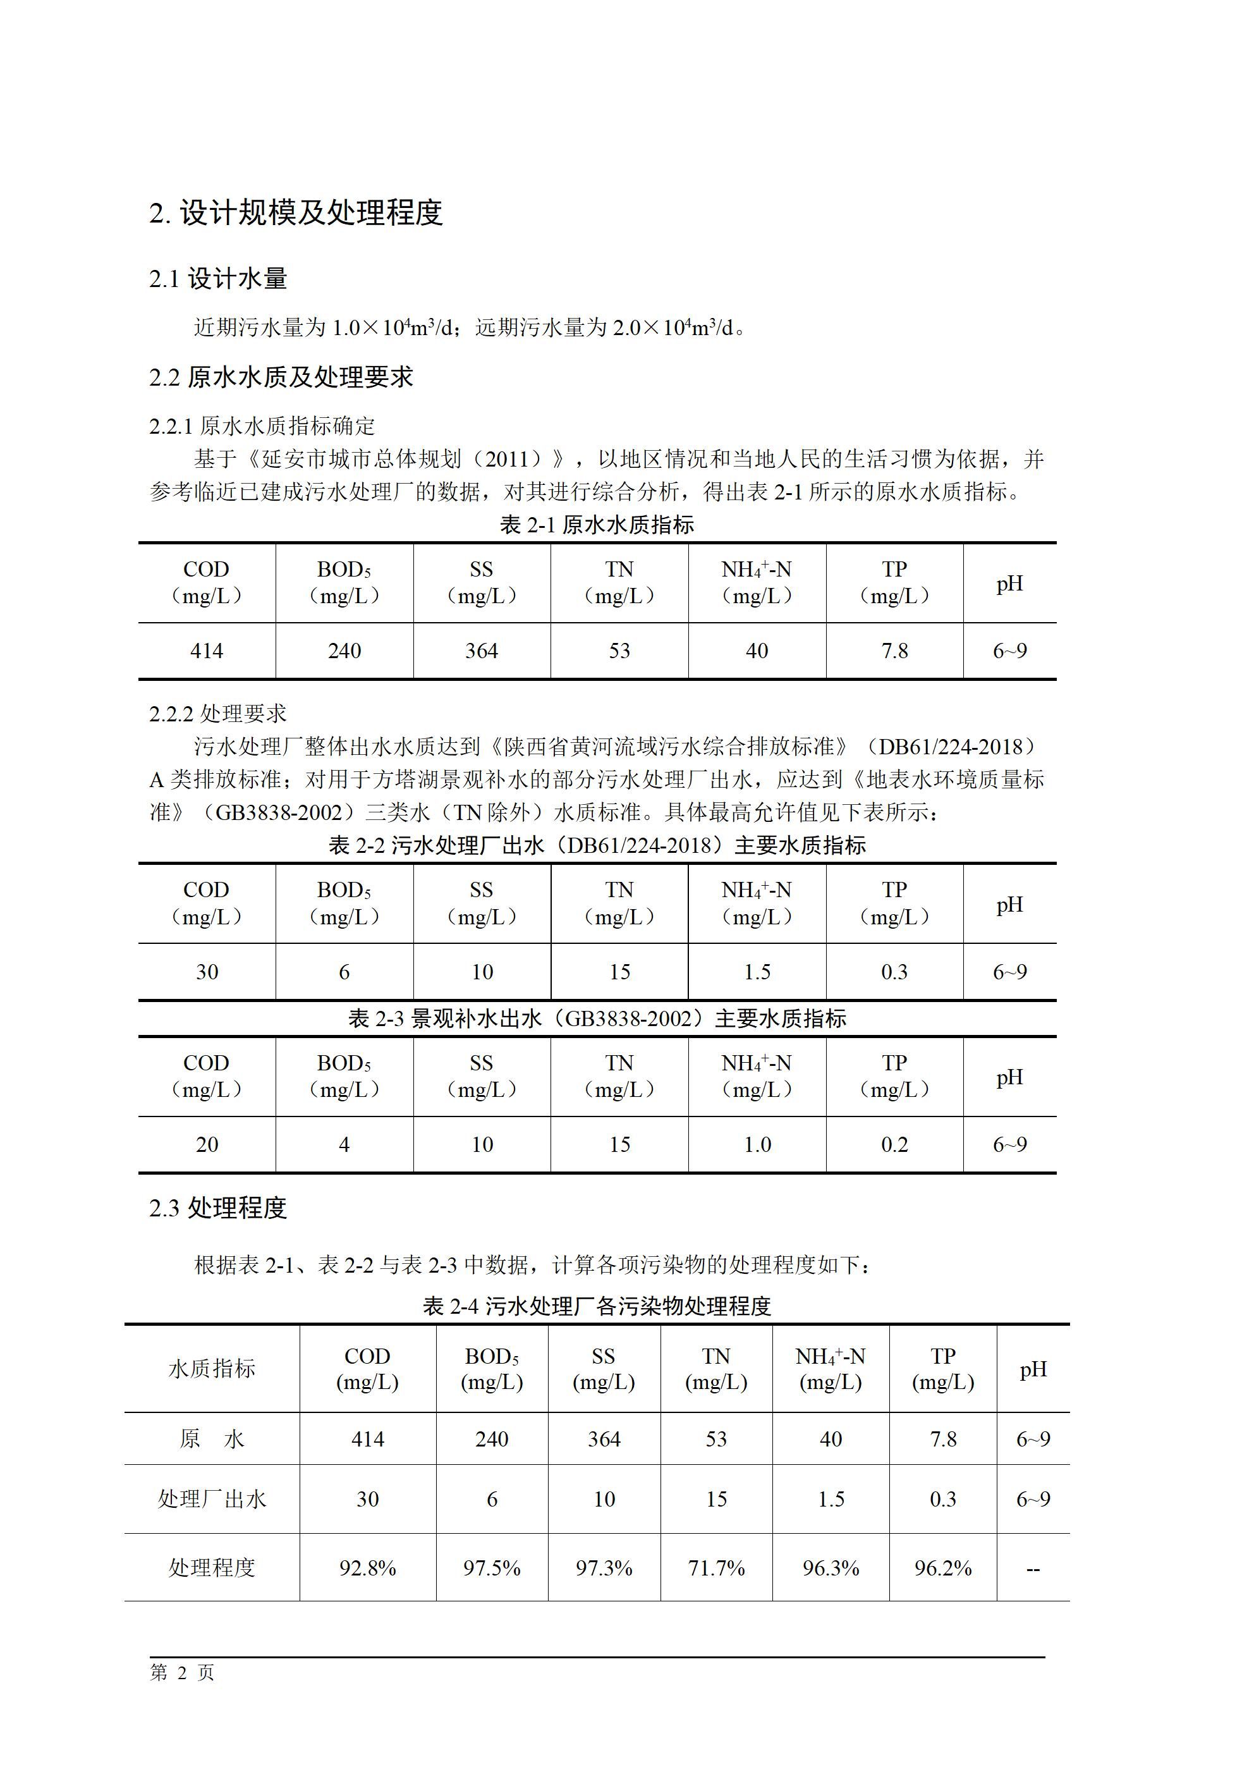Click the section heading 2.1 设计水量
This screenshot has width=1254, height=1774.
[218, 279]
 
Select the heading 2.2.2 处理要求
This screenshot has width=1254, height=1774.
[218, 713]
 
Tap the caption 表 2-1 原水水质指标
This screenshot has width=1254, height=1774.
[597, 525]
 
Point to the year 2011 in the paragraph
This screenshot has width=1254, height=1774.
[507, 460]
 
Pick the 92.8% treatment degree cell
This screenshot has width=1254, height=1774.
[367, 1568]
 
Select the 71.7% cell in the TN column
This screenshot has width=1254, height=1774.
[716, 1568]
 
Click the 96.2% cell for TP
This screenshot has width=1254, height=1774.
[942, 1568]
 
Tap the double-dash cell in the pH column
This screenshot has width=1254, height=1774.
[1033, 1569]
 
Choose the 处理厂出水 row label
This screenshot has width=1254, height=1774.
[212, 1499]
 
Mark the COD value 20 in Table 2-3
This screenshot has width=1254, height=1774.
[207, 1144]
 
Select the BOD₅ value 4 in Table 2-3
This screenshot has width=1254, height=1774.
[344, 1144]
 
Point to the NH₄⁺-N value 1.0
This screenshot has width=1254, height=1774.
[757, 1144]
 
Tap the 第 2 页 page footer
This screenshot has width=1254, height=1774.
[181, 1672]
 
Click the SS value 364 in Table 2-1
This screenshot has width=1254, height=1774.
[482, 651]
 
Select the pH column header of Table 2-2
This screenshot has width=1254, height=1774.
[1009, 904]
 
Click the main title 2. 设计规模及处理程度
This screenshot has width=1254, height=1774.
[296, 212]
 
